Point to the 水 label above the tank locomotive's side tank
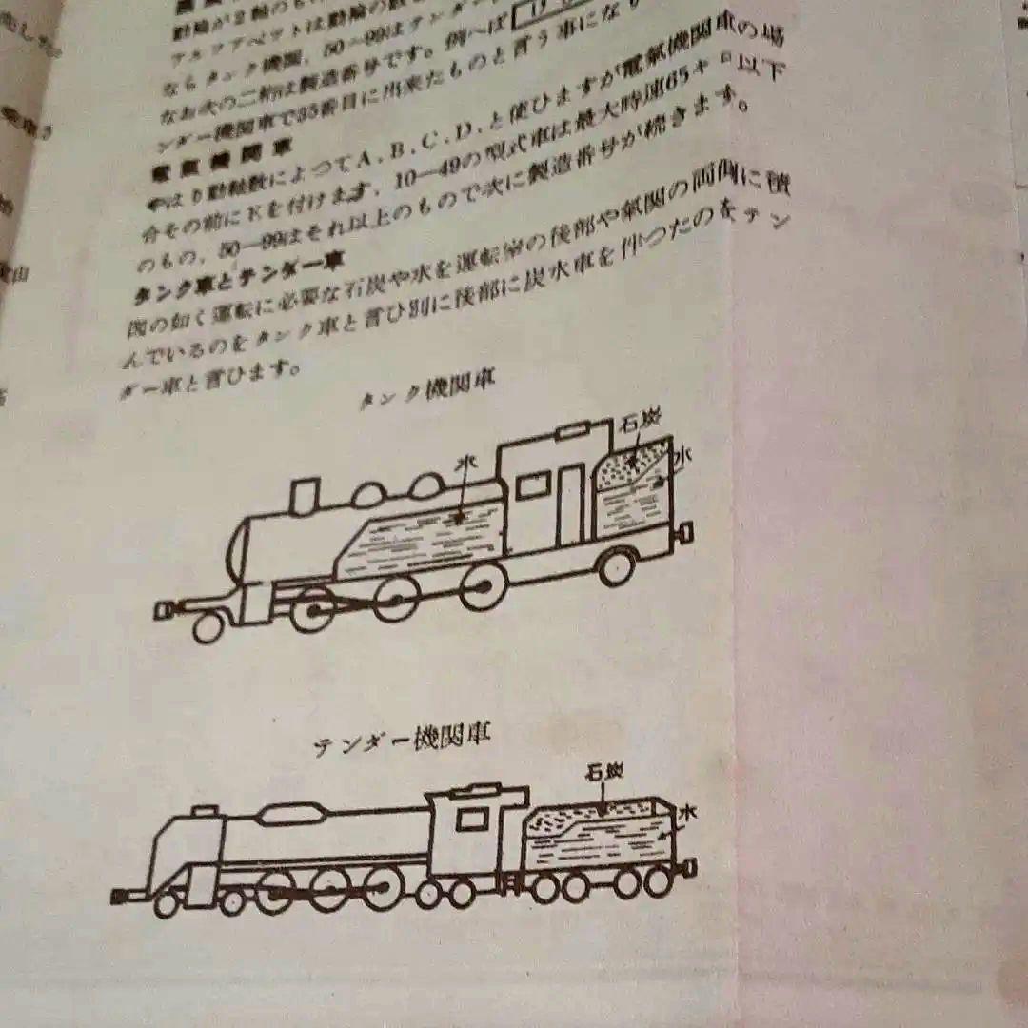pyautogui.click(x=466, y=464)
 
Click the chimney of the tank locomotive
pyautogui.click(x=304, y=497)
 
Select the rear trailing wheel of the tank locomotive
pyautogui.click(x=617, y=565)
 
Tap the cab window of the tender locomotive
pyautogui.click(x=470, y=819)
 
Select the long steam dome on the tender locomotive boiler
pyautogui.click(x=289, y=813)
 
